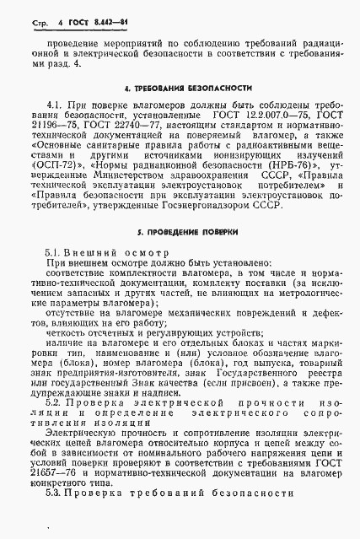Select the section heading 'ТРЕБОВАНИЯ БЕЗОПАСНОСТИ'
(x=188, y=87)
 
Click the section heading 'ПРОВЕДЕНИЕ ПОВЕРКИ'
(x=188, y=231)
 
